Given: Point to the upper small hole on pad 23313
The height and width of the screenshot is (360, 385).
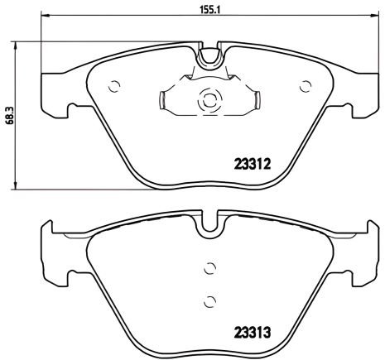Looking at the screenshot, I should tap(209, 267).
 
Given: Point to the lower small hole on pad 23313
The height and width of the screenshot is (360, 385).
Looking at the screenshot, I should tap(209, 300).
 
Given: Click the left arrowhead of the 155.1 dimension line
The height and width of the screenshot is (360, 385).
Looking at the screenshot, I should tap(45, 17).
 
